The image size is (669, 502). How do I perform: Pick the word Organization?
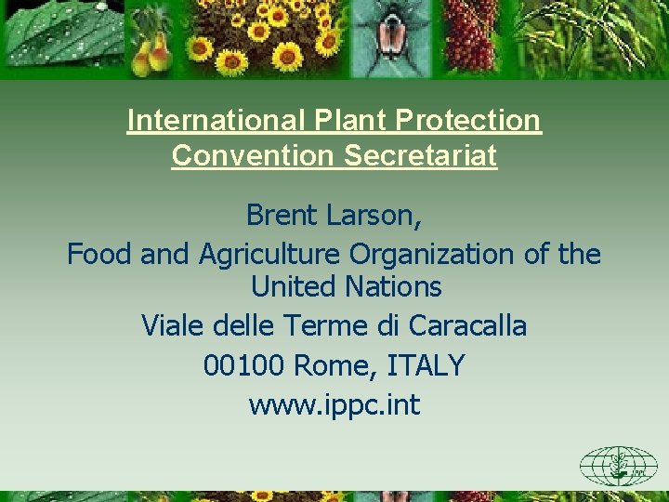tap(452, 253)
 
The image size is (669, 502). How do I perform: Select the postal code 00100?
tap(243, 365)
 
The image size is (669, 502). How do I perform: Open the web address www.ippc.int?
tap(334, 405)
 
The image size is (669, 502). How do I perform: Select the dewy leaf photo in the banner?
tap(60, 37)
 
